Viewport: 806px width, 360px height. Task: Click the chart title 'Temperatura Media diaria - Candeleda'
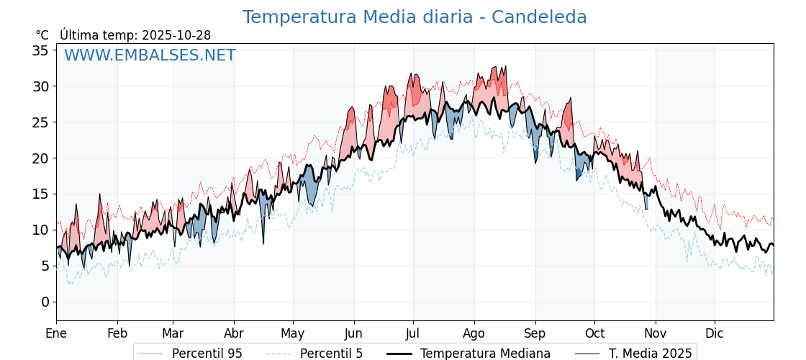click(x=415, y=17)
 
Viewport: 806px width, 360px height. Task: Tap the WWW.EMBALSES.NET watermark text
click(x=150, y=55)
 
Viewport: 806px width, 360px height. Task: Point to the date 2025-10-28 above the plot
click(x=176, y=35)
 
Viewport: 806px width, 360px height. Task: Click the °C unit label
click(x=42, y=35)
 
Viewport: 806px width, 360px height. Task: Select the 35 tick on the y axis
click(x=40, y=50)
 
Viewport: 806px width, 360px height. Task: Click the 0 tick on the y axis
click(x=45, y=302)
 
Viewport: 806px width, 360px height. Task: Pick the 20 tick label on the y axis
click(x=40, y=158)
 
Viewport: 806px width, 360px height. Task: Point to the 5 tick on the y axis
click(x=45, y=266)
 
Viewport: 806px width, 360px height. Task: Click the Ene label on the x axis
click(x=56, y=333)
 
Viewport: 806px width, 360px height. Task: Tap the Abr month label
click(x=234, y=333)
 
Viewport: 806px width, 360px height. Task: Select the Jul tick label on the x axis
click(x=413, y=333)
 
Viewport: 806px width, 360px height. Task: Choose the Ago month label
click(x=474, y=333)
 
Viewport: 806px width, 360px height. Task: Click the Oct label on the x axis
click(x=594, y=333)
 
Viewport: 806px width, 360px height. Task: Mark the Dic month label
click(x=715, y=333)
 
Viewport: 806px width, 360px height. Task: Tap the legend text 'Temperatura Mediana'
click(x=485, y=354)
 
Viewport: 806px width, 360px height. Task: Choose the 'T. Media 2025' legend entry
click(x=650, y=354)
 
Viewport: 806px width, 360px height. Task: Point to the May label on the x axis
click(x=293, y=333)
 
